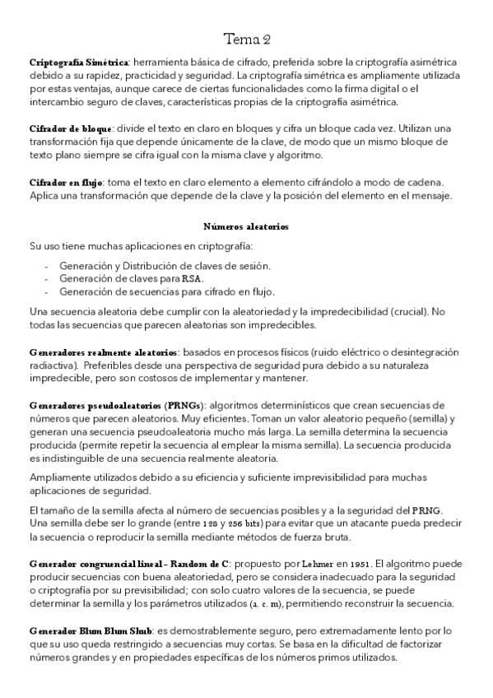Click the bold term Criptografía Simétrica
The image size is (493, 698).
[x=78, y=63]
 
